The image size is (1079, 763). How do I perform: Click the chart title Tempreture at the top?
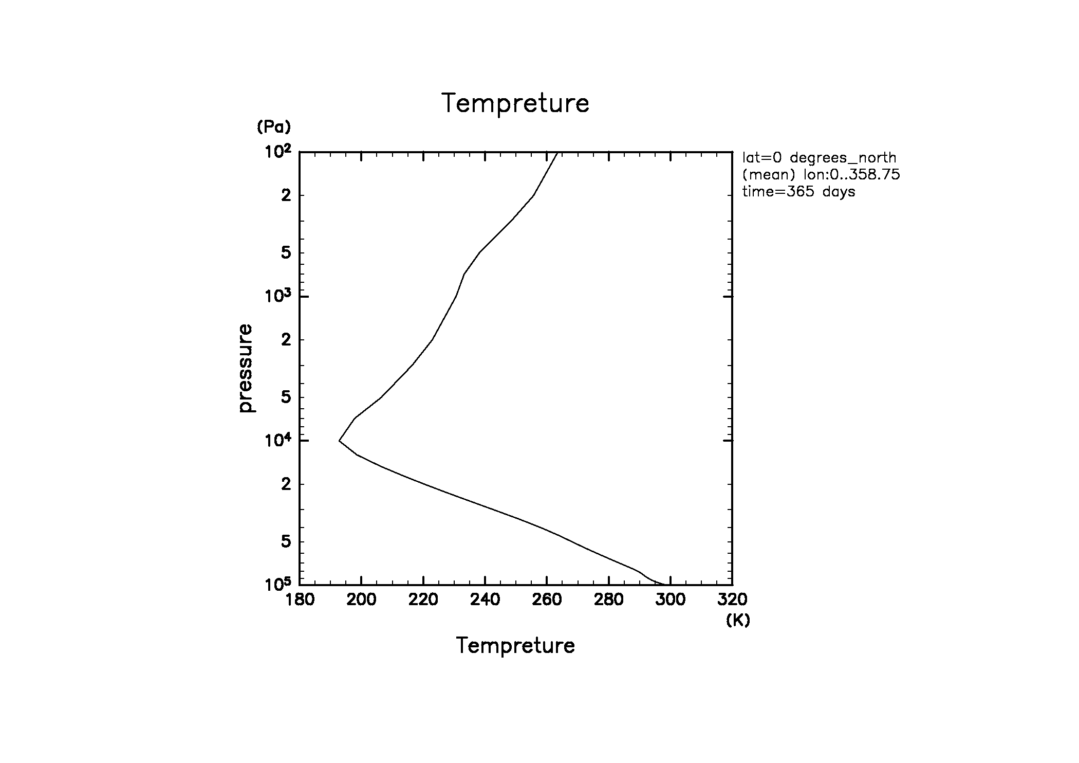(515, 103)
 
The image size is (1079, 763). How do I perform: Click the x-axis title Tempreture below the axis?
(515, 645)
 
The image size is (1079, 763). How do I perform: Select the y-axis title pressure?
(246, 368)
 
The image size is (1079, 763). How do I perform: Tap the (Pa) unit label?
(274, 126)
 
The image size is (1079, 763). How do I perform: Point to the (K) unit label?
(738, 621)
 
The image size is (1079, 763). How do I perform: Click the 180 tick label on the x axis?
(300, 600)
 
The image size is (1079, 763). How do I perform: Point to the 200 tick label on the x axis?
(362, 600)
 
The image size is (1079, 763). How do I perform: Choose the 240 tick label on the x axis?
(485, 600)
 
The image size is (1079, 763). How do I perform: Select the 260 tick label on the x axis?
(547, 600)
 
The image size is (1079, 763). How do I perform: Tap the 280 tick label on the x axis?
(609, 600)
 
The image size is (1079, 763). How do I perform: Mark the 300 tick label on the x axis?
(671, 600)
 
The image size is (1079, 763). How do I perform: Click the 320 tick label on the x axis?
(732, 600)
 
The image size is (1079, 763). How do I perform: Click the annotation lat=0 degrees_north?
(819, 158)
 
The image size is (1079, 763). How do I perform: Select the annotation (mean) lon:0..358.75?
(821, 175)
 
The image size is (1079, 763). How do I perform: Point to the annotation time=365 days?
(799, 192)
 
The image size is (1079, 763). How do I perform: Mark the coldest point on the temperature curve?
(339, 441)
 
